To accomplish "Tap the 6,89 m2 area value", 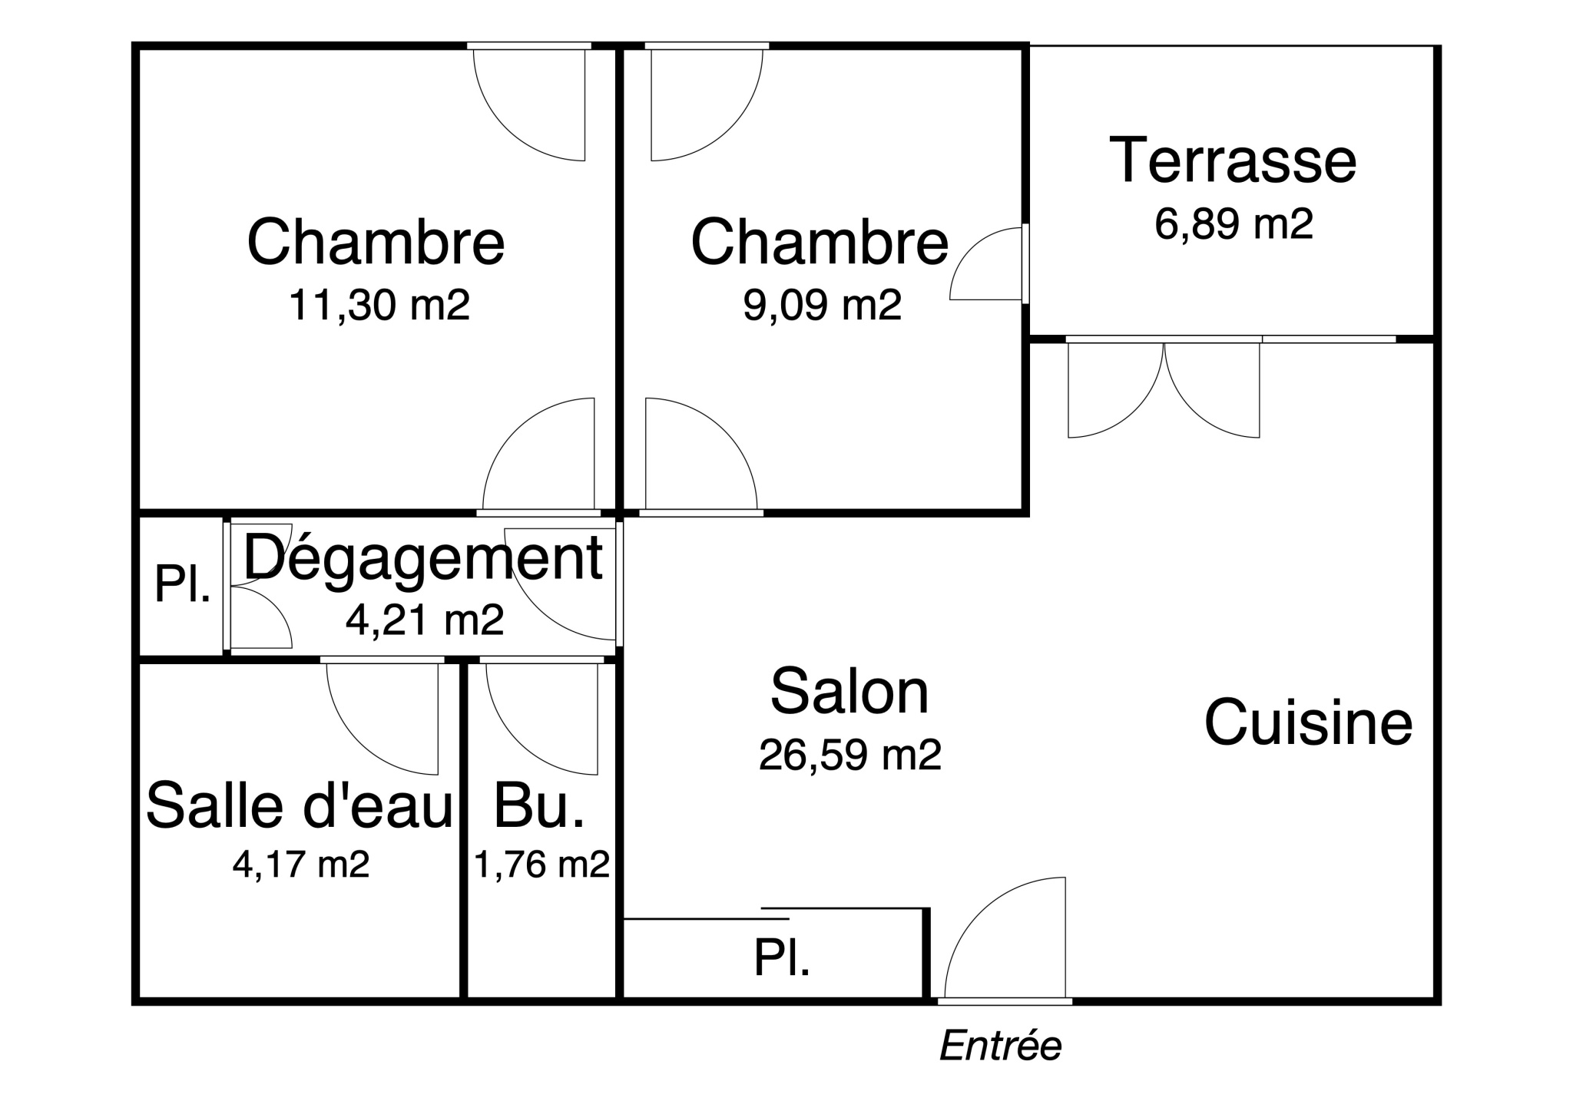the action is tap(1234, 224).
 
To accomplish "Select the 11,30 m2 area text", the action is tap(379, 305).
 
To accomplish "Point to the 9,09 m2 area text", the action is tap(822, 305).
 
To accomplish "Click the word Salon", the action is tap(849, 691).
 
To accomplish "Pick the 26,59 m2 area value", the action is tap(850, 755).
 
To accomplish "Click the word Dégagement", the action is tap(423, 559).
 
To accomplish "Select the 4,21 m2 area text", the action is tap(425, 620).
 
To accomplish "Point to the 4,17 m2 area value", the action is tap(301, 865).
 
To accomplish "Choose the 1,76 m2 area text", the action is tap(542, 865).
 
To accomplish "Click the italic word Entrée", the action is tap(1001, 1046).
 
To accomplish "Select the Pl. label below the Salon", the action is tap(782, 958).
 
